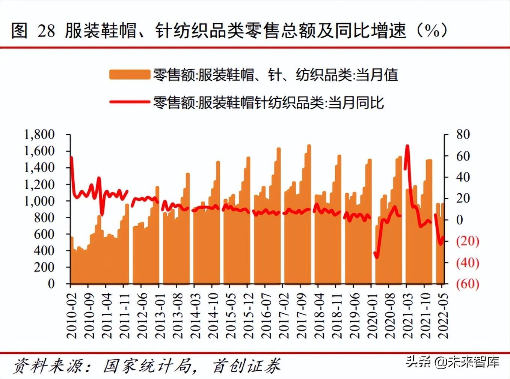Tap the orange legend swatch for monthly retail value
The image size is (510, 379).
129,74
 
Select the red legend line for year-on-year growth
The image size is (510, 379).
129,102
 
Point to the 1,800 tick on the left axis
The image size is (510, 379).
39,134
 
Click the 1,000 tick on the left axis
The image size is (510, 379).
39,201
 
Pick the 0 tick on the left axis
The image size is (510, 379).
51,284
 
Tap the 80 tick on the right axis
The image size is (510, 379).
463,134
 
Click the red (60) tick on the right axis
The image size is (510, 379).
468,284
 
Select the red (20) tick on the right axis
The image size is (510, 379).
468,241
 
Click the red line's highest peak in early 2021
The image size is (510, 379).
407,146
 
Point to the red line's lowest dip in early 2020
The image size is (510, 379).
377,257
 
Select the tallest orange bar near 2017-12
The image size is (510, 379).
309,146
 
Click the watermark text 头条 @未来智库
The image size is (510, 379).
453,362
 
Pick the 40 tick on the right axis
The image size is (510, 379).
463,177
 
